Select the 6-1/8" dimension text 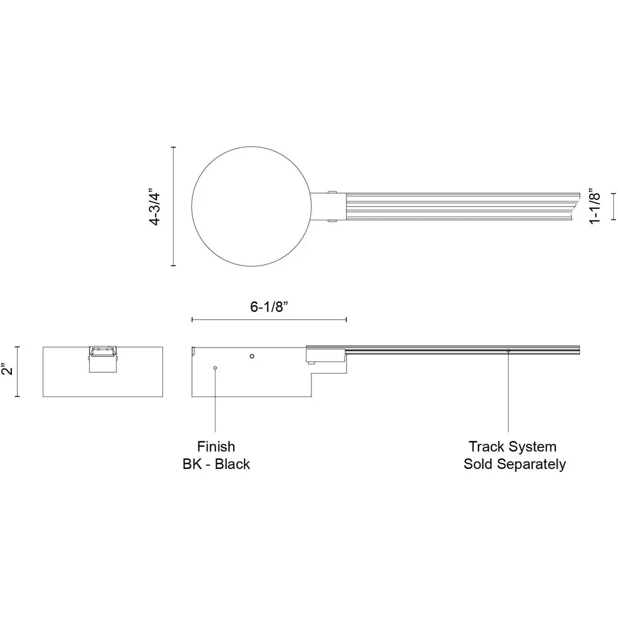[x=269, y=306]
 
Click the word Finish [x=216, y=447]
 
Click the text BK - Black [x=216, y=464]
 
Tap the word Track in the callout [x=487, y=447]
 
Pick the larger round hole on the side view [x=252, y=356]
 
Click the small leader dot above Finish [x=215, y=368]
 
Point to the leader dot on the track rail [x=508, y=351]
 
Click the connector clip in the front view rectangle [x=103, y=359]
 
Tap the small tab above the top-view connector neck [x=332, y=192]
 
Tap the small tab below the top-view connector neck [x=332, y=221]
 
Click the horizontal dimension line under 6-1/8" [x=269, y=320]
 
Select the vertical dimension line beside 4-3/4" [x=173, y=206]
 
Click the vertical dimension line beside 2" [x=17, y=371]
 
